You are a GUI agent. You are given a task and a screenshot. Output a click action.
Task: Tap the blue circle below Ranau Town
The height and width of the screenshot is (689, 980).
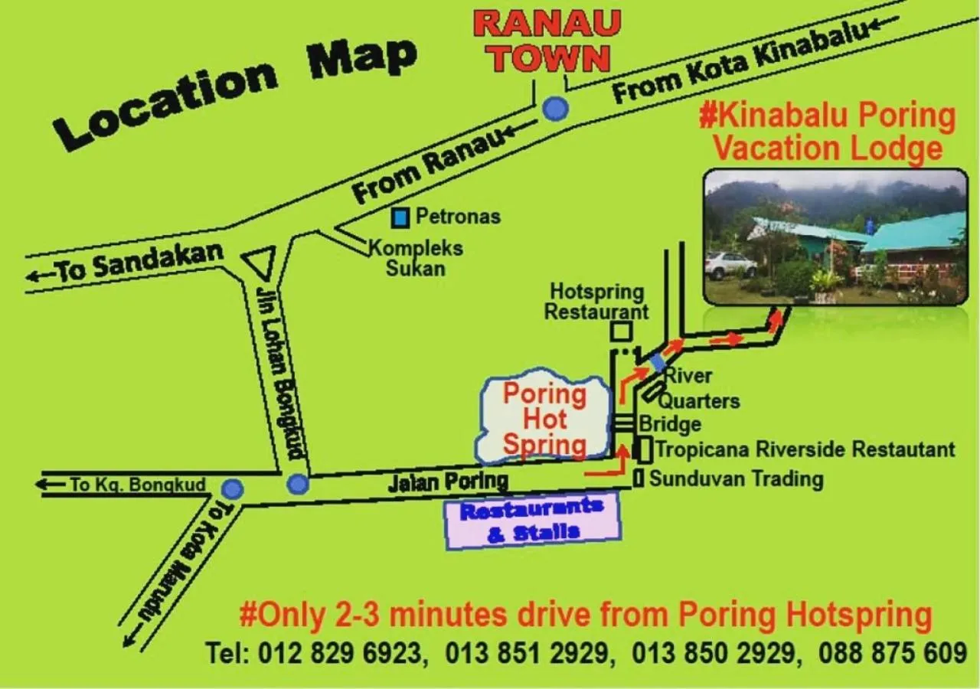555,109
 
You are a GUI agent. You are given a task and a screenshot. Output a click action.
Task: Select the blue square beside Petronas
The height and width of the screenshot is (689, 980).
400,218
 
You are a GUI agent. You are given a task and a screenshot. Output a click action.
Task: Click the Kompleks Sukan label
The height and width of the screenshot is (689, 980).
416,258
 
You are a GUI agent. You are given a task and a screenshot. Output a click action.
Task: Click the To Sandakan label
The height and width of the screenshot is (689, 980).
125,263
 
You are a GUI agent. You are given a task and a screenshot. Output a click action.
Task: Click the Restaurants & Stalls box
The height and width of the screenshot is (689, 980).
533,521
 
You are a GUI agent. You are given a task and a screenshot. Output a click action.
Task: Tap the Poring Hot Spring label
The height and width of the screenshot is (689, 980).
544,420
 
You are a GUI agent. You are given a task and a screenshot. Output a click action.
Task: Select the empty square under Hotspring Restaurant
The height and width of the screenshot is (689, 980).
621,331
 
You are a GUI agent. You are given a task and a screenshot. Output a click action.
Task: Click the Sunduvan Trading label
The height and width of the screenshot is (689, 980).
736,479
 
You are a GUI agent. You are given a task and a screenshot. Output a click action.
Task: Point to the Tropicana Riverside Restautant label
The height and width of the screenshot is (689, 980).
805,449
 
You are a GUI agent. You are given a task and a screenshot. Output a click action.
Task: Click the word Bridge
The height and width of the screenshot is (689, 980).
670,424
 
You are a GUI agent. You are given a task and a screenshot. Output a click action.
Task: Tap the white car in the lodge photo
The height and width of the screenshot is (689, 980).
730,265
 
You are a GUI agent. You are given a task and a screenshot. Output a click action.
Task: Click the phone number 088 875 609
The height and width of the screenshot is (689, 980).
893,653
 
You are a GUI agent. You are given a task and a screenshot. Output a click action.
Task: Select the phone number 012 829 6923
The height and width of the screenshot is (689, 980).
340,653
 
